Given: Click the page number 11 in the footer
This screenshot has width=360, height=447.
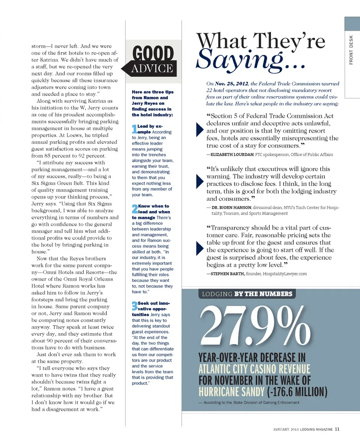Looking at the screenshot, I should point(337,429).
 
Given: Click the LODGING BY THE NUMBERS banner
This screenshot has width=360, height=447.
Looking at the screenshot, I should point(247,294).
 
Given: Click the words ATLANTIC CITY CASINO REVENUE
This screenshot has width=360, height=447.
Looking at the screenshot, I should point(254,368).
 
